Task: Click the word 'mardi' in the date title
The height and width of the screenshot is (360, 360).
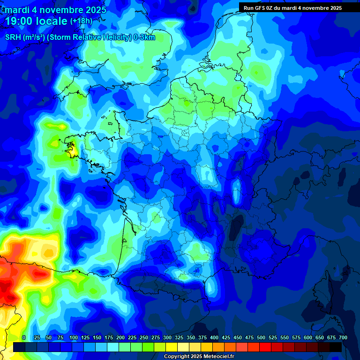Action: click(17, 10)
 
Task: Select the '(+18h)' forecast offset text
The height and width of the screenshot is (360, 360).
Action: click(81, 21)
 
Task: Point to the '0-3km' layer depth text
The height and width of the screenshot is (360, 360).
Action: click(144, 37)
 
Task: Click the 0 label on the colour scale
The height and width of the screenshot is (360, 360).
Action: click(24, 337)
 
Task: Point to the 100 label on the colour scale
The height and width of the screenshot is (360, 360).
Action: click(74, 337)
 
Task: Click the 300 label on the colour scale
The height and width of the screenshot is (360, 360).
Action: click(167, 337)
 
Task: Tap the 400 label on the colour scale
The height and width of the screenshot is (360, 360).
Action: click(214, 337)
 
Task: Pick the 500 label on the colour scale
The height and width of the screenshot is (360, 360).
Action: click(261, 337)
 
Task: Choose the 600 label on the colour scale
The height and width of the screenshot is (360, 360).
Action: click(308, 337)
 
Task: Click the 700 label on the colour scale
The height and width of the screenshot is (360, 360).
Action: click(343, 337)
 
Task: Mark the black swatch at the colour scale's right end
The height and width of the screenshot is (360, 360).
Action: click(336, 347)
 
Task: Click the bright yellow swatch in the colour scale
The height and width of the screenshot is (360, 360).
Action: click(172, 347)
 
